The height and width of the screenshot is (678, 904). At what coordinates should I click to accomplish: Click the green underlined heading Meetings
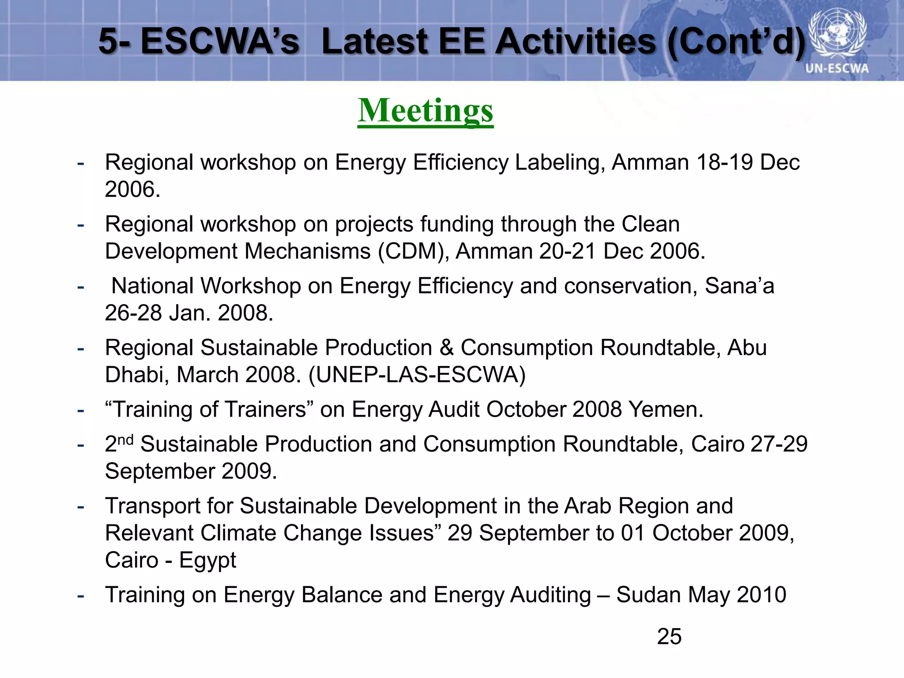pyautogui.click(x=425, y=111)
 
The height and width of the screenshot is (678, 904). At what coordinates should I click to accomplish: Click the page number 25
pyautogui.click(x=669, y=637)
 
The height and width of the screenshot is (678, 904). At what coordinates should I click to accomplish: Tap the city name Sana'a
pyautogui.click(x=739, y=286)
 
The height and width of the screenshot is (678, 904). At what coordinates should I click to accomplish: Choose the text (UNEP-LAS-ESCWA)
pyautogui.click(x=417, y=375)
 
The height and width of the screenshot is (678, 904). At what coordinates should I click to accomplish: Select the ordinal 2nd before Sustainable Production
pyautogui.click(x=119, y=443)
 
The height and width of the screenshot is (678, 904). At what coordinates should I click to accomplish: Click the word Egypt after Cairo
pyautogui.click(x=207, y=560)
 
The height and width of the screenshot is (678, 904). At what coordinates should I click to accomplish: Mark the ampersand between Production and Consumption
pyautogui.click(x=446, y=348)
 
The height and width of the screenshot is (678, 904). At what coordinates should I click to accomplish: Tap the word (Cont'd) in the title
pyautogui.click(x=736, y=42)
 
